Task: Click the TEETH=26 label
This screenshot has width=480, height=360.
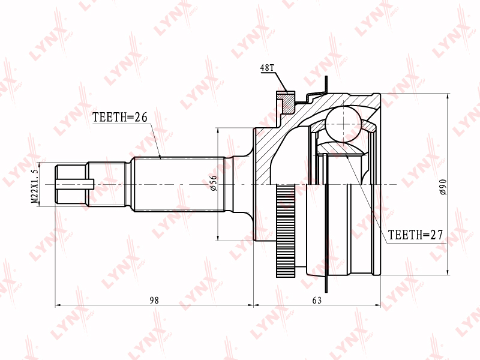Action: pos(120,117)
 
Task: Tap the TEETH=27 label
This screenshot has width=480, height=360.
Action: pos(415,235)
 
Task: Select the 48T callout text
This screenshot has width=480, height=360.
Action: pos(267,68)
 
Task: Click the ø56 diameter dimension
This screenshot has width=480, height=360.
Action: pos(214,183)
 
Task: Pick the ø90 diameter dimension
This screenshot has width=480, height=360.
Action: pos(443,187)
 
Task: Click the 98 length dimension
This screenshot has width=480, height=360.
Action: pos(154,301)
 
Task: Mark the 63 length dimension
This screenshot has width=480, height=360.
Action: pos(317,301)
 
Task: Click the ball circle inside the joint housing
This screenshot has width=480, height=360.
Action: pos(343,124)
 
